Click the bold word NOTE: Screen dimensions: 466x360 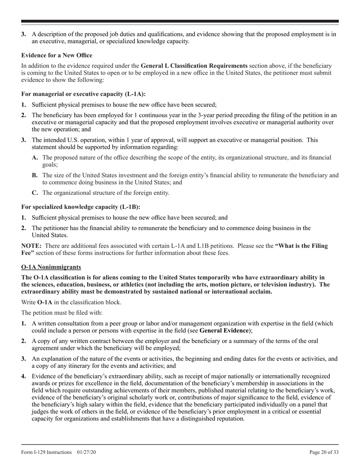point(31,246)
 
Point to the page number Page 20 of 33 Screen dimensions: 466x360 point(324,452)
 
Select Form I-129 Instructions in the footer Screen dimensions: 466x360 point(46,452)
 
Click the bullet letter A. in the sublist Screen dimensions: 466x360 point(35,158)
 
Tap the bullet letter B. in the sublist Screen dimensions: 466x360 point(35,175)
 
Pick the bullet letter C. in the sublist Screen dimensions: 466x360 point(35,193)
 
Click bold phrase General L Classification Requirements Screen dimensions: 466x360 point(194,66)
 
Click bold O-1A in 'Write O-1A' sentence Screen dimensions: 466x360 point(45,302)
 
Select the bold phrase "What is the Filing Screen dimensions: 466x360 point(301,246)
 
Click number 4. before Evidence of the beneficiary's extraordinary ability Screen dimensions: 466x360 point(23,376)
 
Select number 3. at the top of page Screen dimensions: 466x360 point(23,34)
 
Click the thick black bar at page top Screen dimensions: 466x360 point(180,21)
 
